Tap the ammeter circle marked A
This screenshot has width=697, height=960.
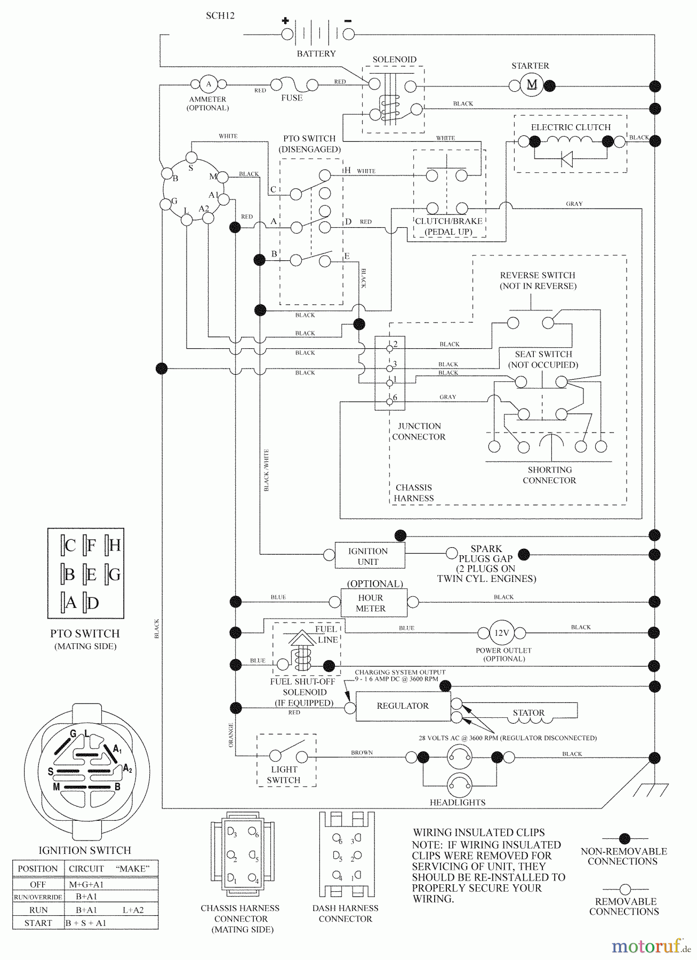[x=209, y=84]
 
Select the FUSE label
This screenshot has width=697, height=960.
[x=292, y=98]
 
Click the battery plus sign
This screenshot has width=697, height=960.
[x=285, y=21]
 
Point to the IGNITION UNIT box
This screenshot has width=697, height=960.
[x=369, y=556]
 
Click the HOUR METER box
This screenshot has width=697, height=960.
[x=373, y=603]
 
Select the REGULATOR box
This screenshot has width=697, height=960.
[x=403, y=706]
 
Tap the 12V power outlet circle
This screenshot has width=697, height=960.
[x=501, y=633]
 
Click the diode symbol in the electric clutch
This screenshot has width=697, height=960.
[x=567, y=159]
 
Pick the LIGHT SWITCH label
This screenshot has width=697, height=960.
[x=284, y=774]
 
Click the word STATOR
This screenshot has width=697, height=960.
[x=528, y=713]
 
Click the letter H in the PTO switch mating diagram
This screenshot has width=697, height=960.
[x=114, y=545]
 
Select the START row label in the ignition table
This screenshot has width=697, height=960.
[x=38, y=923]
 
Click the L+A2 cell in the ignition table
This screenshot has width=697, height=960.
[x=133, y=910]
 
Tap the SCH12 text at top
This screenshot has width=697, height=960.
[x=220, y=16]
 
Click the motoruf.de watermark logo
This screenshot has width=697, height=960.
[x=650, y=946]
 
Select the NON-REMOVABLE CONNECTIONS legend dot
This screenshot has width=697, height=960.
[x=624, y=839]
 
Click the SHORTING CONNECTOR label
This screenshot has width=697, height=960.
[x=549, y=475]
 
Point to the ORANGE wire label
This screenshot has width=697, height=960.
[x=231, y=734]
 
